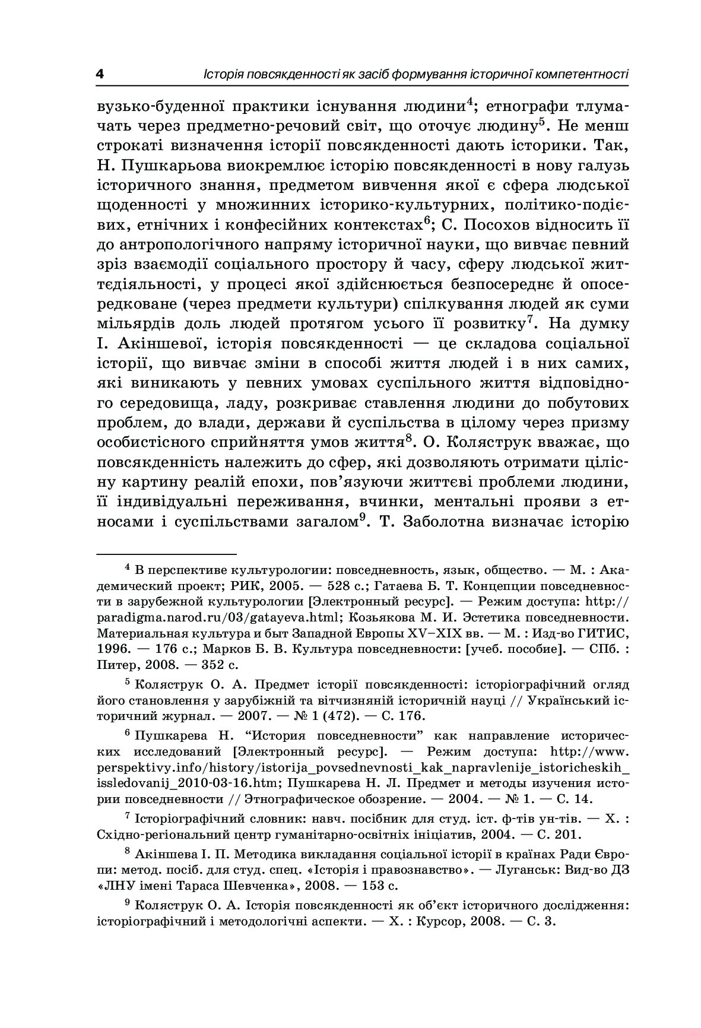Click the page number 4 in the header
tap(99, 75)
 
